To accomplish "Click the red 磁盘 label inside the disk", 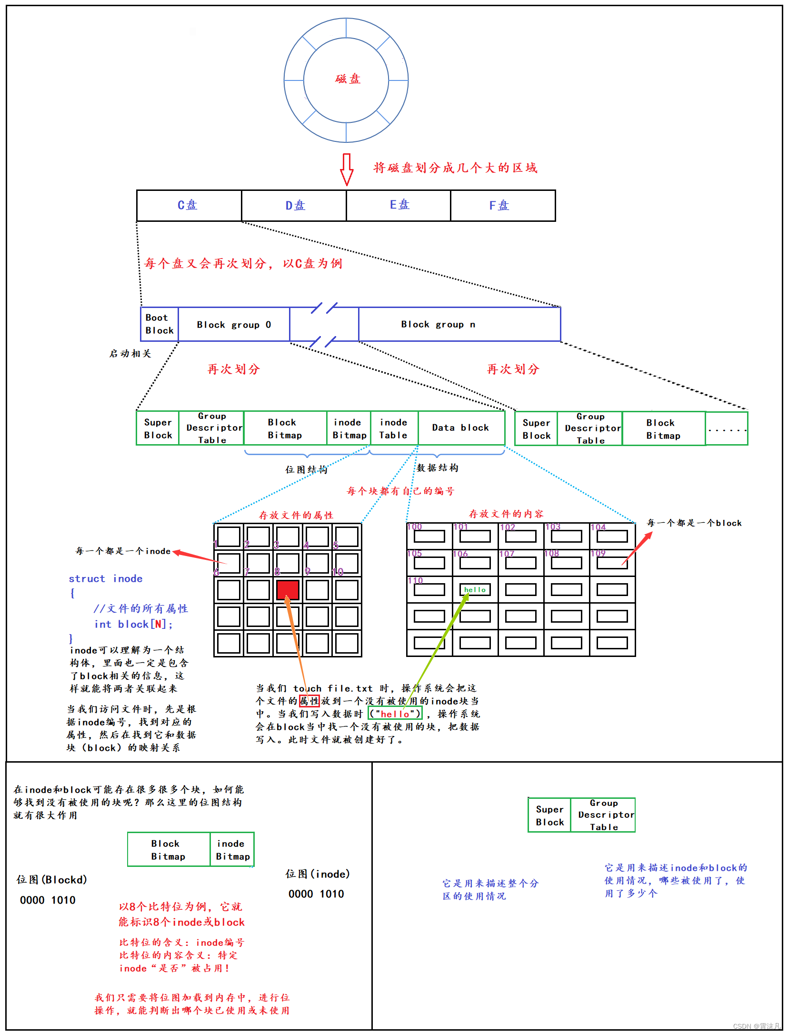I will [348, 79].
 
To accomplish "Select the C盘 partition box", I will [189, 206].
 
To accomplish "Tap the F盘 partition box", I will [502, 206].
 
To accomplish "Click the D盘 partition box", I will [294, 206].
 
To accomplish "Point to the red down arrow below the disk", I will [347, 169].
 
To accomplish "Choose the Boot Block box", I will [160, 324].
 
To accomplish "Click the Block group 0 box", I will [234, 325].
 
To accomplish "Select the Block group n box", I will [459, 325].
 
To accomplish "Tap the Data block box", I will [460, 428].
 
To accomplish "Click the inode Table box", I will [394, 428].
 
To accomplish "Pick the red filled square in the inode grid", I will [288, 590].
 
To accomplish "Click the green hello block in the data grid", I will [475, 590].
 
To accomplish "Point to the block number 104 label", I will [598, 527].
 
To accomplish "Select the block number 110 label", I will [415, 580].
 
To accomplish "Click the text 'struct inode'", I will [106, 579].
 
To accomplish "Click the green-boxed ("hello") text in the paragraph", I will [395, 714].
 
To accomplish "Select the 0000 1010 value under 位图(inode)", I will [316, 894].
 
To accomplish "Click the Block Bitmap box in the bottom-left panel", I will [169, 850].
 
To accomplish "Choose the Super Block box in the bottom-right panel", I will [549, 815].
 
